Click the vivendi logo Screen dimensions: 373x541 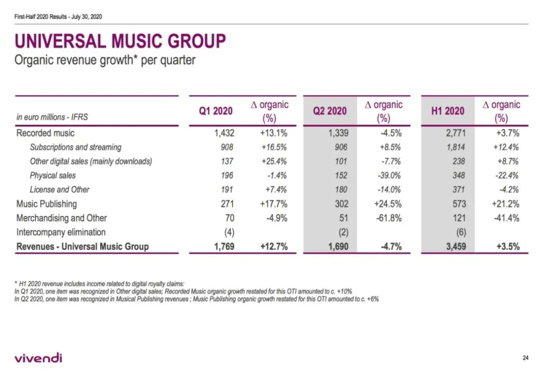pos(39,357)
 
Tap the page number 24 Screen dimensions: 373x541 pos(525,357)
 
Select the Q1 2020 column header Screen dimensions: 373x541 pos(216,111)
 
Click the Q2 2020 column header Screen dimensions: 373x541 pos(330,111)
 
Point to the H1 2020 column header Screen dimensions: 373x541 pos(448,111)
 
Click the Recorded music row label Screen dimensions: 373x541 pos(46,133)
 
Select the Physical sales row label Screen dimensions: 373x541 pos(53,175)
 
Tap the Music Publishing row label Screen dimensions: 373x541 pos(47,204)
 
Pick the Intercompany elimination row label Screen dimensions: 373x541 pos(61,232)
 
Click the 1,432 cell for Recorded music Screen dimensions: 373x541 pos(223,133)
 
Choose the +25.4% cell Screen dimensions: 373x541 pos(274,161)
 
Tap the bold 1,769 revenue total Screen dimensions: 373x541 pos(223,247)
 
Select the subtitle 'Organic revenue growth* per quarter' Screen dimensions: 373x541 pos(105,61)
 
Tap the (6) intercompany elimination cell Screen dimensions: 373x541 pos(460,232)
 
